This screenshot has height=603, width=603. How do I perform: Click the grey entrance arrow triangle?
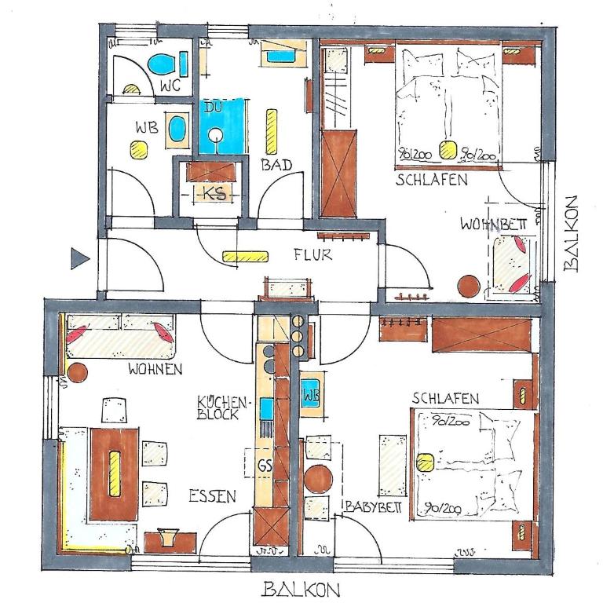pyautogui.click(x=79, y=258)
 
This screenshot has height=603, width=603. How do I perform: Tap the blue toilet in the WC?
pyautogui.click(x=162, y=64)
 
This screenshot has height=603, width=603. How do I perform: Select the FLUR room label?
pyautogui.click(x=312, y=254)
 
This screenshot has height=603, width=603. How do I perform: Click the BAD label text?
pyautogui.click(x=276, y=165)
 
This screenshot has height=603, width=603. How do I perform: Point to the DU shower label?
pyautogui.click(x=213, y=107)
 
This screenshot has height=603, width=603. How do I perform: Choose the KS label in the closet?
pyautogui.click(x=214, y=193)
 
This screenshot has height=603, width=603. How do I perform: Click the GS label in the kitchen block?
pyautogui.click(x=265, y=466)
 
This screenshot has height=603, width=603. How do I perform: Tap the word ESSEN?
pyautogui.click(x=212, y=496)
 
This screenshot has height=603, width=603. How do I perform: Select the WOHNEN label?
pyautogui.click(x=155, y=369)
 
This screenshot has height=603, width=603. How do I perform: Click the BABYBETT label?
pyautogui.click(x=373, y=507)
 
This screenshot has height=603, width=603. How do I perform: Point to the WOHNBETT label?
pyautogui.click(x=493, y=225)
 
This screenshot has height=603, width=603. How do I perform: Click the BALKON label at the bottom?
pyautogui.click(x=301, y=589)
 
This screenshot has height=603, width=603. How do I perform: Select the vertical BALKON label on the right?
pyautogui.click(x=571, y=234)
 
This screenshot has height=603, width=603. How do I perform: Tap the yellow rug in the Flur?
pyautogui.click(x=245, y=257)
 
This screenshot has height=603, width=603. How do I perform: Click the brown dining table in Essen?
pyautogui.click(x=114, y=474)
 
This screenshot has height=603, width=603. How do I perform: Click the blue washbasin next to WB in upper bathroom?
pyautogui.click(x=177, y=130)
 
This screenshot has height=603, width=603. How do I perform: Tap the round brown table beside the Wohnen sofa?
pyautogui.click(x=77, y=373)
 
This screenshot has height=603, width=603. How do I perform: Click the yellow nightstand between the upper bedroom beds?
pyautogui.click(x=448, y=150)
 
